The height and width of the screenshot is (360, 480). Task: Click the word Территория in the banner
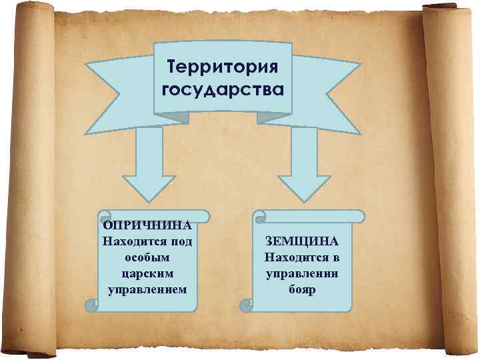(223, 67)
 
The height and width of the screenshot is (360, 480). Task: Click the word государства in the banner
(223, 90)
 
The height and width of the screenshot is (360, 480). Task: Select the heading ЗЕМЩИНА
(301, 241)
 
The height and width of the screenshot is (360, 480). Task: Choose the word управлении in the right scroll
(301, 273)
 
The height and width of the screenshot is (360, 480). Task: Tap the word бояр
(301, 289)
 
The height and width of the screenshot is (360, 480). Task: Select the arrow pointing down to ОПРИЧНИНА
(147, 167)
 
